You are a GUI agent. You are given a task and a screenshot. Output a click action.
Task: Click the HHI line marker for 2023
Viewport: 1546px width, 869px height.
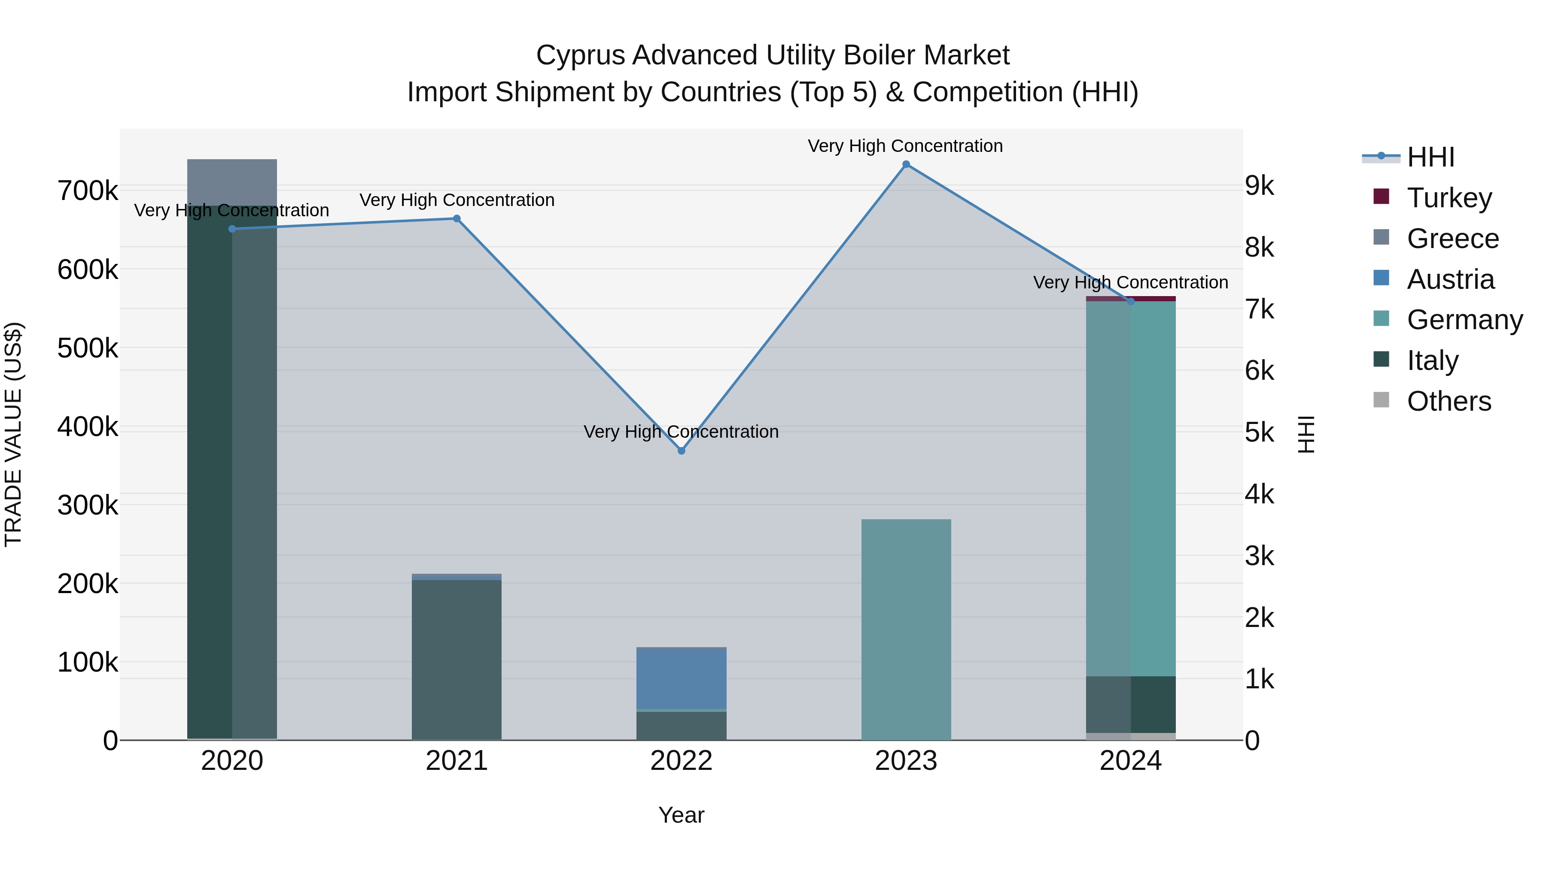tap(906, 164)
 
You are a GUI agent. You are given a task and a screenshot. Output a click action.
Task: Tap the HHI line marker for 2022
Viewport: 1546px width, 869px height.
tap(681, 451)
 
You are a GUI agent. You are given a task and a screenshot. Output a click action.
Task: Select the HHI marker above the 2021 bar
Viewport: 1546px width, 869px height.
tap(457, 219)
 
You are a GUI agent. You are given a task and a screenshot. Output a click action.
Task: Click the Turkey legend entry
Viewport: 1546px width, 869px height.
tap(1449, 198)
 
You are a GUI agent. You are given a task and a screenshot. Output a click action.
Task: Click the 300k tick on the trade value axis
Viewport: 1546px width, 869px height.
tap(88, 505)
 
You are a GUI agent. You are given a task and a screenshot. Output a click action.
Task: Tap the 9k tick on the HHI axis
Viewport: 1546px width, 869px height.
tap(1259, 186)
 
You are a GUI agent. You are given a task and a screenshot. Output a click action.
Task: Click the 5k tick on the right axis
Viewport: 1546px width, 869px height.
tap(1259, 433)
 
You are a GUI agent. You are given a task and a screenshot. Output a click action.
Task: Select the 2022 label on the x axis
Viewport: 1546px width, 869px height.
tap(681, 761)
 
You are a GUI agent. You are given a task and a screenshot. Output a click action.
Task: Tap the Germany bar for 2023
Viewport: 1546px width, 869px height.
tap(906, 630)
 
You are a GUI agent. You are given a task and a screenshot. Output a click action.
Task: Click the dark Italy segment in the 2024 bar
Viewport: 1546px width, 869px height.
tap(1131, 704)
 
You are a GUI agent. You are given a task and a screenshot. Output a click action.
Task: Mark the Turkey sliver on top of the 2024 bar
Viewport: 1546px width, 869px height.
tap(1131, 299)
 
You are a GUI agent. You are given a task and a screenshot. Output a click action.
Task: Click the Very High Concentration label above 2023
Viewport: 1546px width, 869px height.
tap(905, 146)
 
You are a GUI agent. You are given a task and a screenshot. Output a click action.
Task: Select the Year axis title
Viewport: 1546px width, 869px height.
tap(681, 815)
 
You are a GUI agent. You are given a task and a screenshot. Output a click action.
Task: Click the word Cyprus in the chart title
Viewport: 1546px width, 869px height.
tap(580, 55)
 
